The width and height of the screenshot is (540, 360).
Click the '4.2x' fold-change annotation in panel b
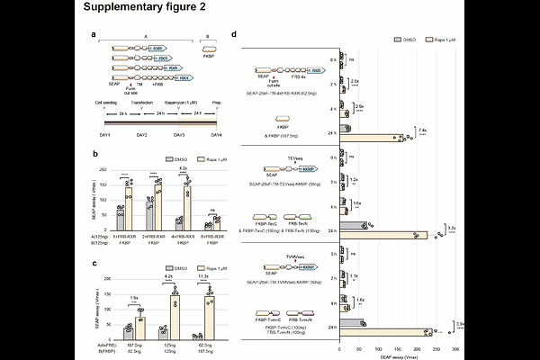[x=182, y=167]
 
